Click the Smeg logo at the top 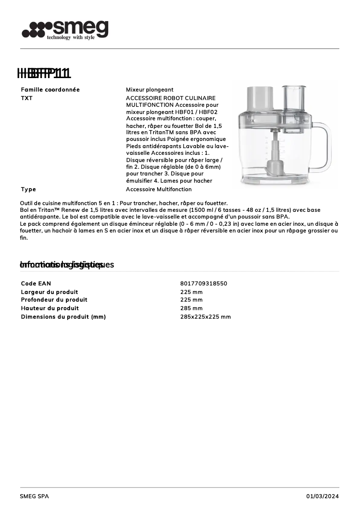point(65,30)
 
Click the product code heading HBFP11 point(44,73)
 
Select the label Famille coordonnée point(50,90)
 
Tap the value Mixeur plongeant point(149,90)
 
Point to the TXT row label point(27,98)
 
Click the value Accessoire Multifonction point(158,189)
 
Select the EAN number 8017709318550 point(203,284)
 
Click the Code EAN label point(36,284)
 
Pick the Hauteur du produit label point(50,308)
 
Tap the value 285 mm point(191,308)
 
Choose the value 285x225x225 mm point(205,317)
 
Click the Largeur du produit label point(49,292)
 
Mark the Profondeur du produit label point(54,300)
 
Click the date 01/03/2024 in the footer point(322,496)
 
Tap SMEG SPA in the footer point(35,496)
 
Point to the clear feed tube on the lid point(294,97)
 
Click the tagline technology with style point(70,38)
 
